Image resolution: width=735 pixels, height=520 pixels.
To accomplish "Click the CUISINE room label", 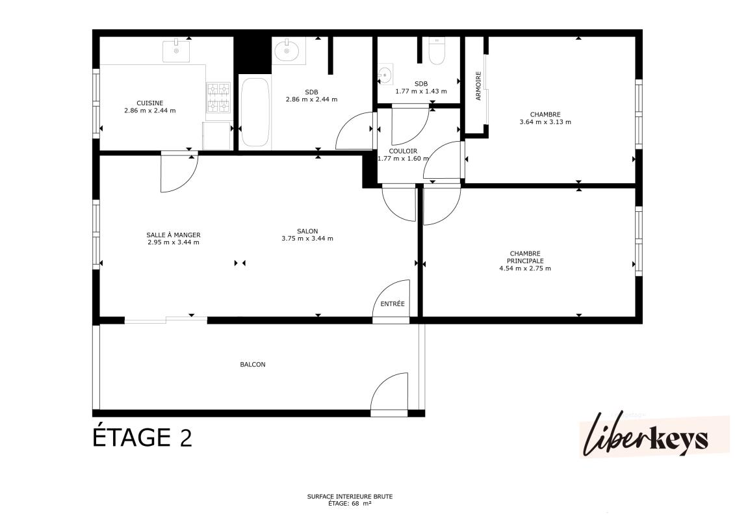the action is pos(150,103).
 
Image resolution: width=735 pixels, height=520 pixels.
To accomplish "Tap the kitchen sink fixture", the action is pos(176,51).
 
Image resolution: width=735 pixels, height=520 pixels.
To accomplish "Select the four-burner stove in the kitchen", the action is pos(218,97).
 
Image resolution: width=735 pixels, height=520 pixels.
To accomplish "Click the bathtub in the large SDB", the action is pos(255,112).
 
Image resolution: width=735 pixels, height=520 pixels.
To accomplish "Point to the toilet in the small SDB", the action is pos(437,51).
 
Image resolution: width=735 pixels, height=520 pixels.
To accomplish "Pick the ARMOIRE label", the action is pos(478,86).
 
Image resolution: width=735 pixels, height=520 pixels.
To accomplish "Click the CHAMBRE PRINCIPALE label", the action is pos(525,257).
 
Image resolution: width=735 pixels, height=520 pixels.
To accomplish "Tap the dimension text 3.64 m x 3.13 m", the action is pos(545,122).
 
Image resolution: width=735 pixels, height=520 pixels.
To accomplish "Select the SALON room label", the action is pos(307,231).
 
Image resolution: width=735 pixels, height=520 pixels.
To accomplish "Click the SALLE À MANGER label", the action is pos(174,235).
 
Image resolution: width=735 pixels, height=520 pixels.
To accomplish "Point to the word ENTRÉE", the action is pos(393,304).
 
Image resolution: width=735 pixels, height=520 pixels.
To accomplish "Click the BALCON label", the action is pos(253,365).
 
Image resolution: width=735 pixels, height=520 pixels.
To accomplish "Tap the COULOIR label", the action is pos(403,151).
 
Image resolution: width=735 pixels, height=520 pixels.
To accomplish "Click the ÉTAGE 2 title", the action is pos(142,437).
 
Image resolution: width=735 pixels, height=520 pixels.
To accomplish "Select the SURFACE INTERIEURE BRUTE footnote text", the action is pos(350,496).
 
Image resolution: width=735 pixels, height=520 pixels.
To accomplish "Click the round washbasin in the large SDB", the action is pos(287,51).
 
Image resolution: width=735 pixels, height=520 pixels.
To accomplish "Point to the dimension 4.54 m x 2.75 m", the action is pos(525,268).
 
